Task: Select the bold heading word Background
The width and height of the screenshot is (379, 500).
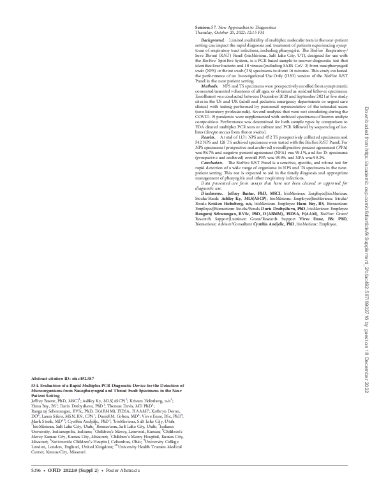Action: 215,40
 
